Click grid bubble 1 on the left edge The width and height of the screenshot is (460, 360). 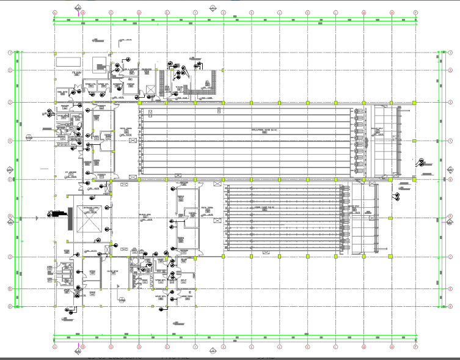coord(10,53)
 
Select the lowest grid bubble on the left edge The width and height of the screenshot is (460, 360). coord(10,306)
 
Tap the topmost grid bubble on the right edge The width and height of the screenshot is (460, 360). coord(450,53)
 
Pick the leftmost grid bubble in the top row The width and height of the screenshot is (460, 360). coord(54,12)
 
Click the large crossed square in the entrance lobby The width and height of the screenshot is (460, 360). coord(91,219)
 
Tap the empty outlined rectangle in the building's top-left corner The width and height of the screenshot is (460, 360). coord(69,62)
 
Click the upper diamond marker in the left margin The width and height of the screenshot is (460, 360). coord(9,169)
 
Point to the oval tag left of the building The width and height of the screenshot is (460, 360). coord(29,139)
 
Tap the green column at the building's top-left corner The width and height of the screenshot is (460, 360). coord(56,54)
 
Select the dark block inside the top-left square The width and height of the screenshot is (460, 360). coord(98,64)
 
